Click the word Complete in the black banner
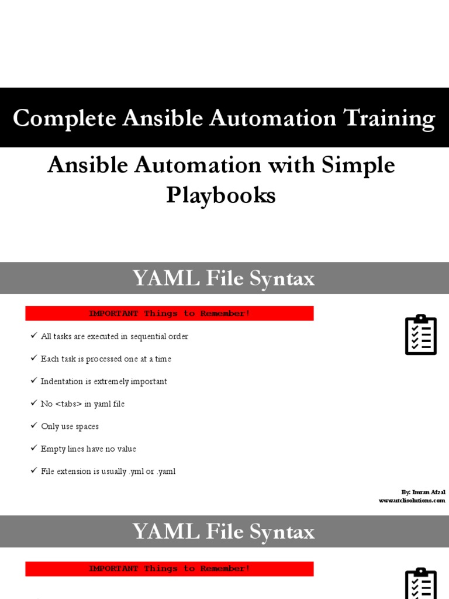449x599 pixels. point(64,119)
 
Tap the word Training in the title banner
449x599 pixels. point(389,119)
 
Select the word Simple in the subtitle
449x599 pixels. point(358,166)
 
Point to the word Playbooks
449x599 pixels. point(220,195)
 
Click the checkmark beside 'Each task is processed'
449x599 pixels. point(33,358)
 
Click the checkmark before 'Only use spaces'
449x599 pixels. point(33,425)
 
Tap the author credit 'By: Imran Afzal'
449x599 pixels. point(423,492)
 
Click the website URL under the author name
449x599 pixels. point(412,501)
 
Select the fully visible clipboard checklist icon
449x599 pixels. point(421,335)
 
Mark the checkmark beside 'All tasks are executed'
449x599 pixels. point(33,336)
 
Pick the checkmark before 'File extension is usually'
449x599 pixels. point(33,470)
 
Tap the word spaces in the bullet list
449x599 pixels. point(86,426)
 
